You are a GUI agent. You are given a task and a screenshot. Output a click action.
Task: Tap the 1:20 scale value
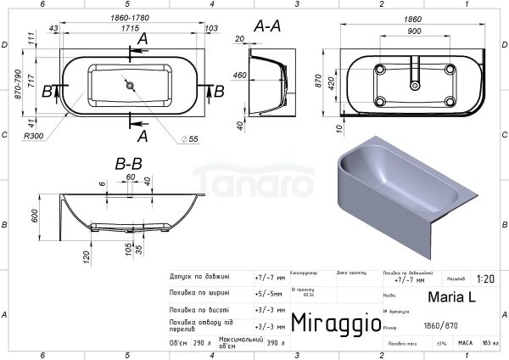pos(486,278)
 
